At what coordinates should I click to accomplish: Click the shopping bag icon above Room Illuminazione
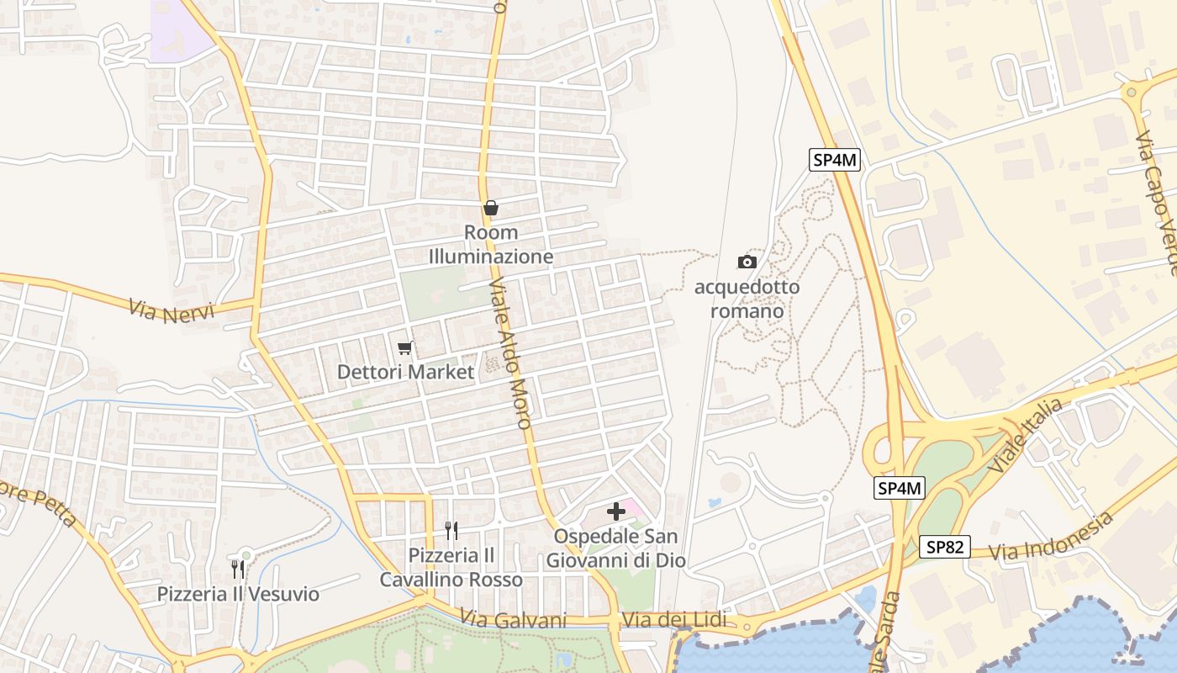coord(490,208)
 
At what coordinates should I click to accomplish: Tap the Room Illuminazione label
coord(491,245)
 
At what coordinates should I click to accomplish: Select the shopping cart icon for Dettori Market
coord(405,347)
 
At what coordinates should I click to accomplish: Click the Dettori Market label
coord(405,371)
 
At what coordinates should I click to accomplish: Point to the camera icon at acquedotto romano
coord(747,262)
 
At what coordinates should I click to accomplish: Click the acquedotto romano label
coord(747,299)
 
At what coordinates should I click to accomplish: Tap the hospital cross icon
coord(616,511)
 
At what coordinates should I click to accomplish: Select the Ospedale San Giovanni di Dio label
coord(616,548)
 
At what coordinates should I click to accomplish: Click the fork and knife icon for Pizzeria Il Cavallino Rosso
coord(451,530)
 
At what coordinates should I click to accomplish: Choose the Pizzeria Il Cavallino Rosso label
coord(451,568)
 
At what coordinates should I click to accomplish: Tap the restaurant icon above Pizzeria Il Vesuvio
coord(238,570)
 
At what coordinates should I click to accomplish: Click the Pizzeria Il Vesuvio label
coord(239,595)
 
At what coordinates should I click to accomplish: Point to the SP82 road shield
coord(944,547)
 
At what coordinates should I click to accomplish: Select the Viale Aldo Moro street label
coord(510,352)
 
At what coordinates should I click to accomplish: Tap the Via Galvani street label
coord(514,619)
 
